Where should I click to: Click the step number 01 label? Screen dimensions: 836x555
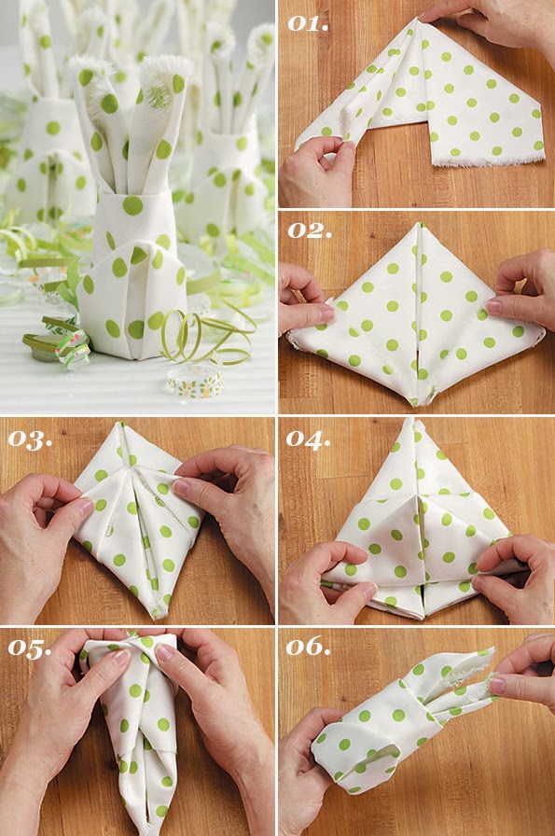coord(307,23)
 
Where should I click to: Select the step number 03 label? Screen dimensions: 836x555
coord(30,439)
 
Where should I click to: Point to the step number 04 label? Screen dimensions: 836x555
coord(309,439)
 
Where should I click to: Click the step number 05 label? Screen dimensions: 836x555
coord(30,648)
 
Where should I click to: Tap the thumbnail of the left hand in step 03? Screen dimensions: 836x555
coord(83,509)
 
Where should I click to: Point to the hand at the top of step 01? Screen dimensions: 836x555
coord(494,21)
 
